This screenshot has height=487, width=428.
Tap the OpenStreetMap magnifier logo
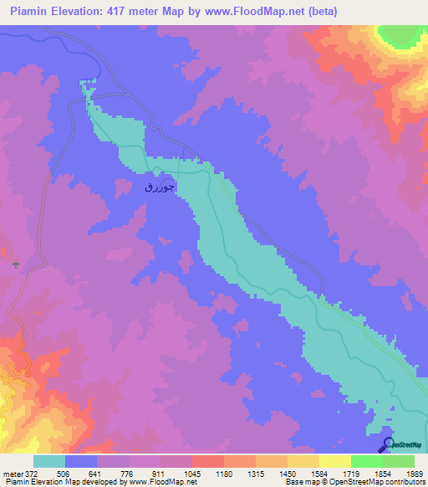pos(387,443)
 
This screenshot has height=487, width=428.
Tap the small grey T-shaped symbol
pos(15,264)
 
